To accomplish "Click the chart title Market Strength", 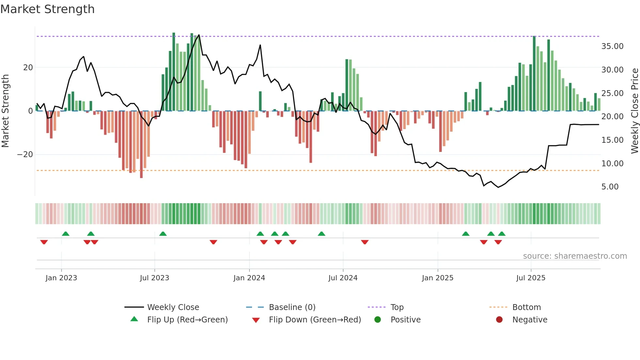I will click(x=47, y=9).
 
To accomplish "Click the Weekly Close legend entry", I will click(x=173, y=307).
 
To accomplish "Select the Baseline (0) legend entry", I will click(x=292, y=307).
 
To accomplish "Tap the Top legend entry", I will click(x=397, y=307).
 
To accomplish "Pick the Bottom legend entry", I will click(x=526, y=307).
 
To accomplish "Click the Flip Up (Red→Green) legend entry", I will click(x=187, y=319).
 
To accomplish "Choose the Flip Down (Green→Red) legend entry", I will click(x=315, y=319).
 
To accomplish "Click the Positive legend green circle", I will click(x=378, y=319).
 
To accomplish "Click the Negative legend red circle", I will click(x=499, y=319).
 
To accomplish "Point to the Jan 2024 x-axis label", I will click(x=249, y=278).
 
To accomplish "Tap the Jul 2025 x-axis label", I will click(x=531, y=278).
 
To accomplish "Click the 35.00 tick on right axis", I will click(x=612, y=46).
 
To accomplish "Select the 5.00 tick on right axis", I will click(x=610, y=187).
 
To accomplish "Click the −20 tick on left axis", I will click(x=25, y=154).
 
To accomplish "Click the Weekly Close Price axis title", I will click(x=634, y=111).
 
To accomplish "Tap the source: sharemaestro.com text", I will click(x=575, y=256).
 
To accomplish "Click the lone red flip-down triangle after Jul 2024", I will click(x=365, y=242).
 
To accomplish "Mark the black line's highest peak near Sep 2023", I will click(x=199, y=35).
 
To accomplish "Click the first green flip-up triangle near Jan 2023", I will click(x=66, y=234).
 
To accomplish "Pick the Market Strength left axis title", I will click(x=5, y=111).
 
